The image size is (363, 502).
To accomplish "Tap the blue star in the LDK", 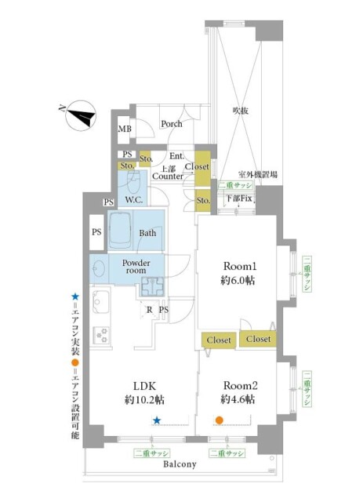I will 157,420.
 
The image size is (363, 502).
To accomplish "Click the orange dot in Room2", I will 220,420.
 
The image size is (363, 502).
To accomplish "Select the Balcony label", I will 180,464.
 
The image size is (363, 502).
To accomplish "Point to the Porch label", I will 172,124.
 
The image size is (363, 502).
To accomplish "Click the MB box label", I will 124,129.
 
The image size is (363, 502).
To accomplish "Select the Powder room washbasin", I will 100,267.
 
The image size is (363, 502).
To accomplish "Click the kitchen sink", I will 102,300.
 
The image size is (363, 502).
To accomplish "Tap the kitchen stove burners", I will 102,335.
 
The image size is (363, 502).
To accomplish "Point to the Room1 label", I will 237,266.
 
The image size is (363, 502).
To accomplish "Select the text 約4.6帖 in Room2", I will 237,399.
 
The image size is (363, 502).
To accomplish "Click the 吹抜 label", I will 241,111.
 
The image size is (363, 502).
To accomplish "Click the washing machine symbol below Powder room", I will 151,289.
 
